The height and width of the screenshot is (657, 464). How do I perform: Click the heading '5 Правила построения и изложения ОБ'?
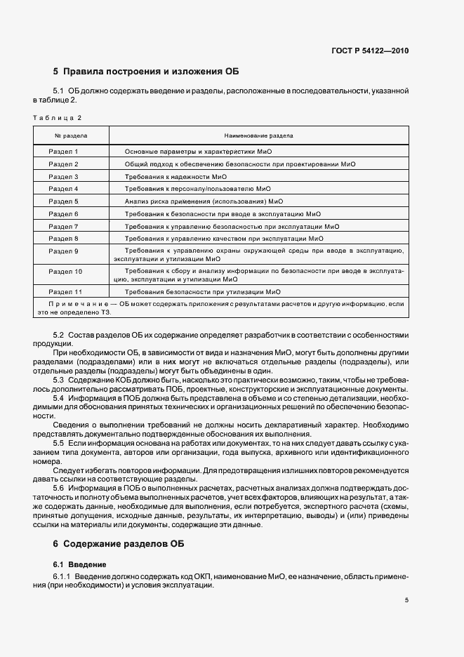[146, 72]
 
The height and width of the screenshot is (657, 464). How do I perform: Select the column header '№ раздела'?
[71, 135]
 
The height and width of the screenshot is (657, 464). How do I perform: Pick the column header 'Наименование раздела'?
[258, 135]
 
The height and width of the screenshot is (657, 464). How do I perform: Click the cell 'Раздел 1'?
[63, 152]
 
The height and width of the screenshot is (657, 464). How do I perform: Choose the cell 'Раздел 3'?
[63, 176]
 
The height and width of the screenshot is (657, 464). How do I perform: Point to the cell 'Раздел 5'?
[63, 201]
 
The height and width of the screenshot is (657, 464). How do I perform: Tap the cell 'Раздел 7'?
[63, 226]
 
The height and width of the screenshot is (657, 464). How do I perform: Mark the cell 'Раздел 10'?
[65, 271]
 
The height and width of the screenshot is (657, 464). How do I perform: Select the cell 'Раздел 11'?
[65, 291]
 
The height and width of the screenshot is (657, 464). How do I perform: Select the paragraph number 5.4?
[58, 399]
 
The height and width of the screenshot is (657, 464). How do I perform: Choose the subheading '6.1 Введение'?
[80, 564]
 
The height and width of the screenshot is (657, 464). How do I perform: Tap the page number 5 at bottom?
[406, 600]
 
